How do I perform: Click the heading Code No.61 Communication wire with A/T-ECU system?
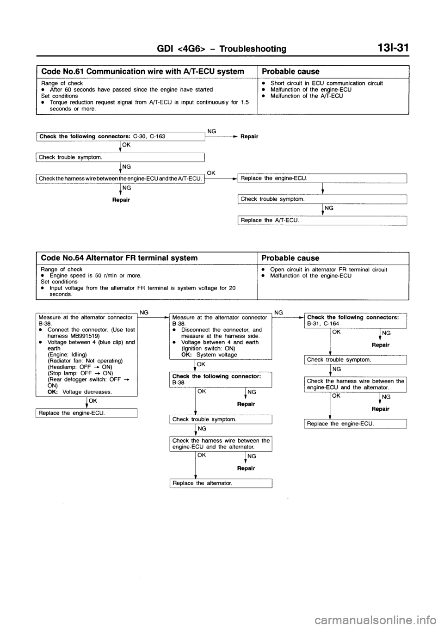[x=142, y=71]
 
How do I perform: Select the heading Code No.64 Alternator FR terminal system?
[x=119, y=258]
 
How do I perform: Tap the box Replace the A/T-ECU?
[x=321, y=220]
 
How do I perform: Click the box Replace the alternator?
[x=220, y=483]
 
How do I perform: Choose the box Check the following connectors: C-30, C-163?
[x=120, y=136]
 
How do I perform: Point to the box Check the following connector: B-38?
[x=220, y=379]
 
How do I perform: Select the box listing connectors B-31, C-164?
[x=354, y=320]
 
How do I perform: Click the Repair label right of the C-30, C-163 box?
[x=249, y=136]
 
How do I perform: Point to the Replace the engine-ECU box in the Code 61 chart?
[x=321, y=178]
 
